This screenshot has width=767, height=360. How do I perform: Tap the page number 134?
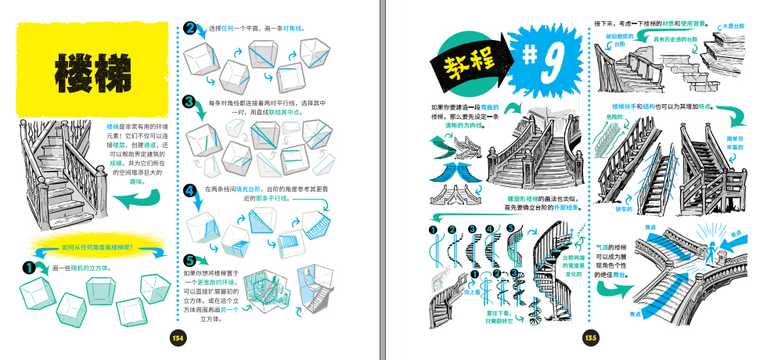(x=178, y=337)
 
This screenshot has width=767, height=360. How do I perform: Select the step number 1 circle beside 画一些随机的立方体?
(x=31, y=268)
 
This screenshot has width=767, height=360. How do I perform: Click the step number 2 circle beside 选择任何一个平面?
(x=190, y=29)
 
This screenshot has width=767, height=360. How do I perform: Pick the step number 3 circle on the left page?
(x=190, y=102)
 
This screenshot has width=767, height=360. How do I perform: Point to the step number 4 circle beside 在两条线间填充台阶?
(x=190, y=190)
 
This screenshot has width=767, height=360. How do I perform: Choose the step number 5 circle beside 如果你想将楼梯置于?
(x=190, y=260)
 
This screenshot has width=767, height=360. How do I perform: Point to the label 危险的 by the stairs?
(x=614, y=116)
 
